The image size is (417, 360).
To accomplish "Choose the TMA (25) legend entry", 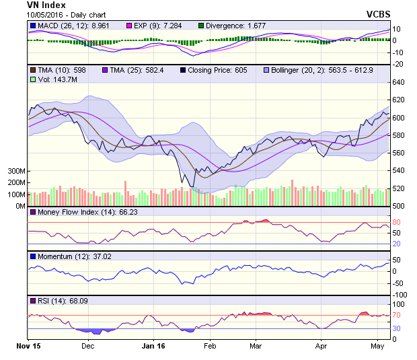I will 134,70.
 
